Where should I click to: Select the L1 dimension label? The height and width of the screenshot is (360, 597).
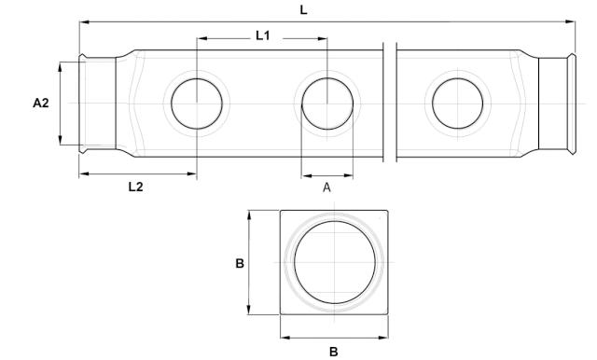[x=263, y=36]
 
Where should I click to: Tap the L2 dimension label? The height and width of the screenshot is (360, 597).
[x=135, y=187]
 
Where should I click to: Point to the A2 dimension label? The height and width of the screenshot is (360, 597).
[x=41, y=104]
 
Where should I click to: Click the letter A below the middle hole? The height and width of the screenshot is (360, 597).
[x=326, y=187]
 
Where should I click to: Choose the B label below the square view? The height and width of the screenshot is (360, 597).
[x=333, y=352]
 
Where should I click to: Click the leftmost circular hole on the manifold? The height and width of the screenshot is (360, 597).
[x=196, y=103]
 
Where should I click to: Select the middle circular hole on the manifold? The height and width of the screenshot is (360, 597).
[x=327, y=103]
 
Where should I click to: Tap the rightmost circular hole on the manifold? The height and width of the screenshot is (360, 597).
[x=457, y=103]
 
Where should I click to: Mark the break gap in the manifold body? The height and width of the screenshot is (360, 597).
[x=391, y=103]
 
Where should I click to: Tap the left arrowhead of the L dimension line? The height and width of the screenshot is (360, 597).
[x=83, y=22]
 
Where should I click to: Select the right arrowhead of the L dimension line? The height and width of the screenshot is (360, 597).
[x=574, y=22]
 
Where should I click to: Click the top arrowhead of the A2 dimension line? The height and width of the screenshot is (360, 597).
[x=61, y=65]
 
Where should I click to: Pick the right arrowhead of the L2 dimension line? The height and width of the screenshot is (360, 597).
[x=193, y=173]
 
